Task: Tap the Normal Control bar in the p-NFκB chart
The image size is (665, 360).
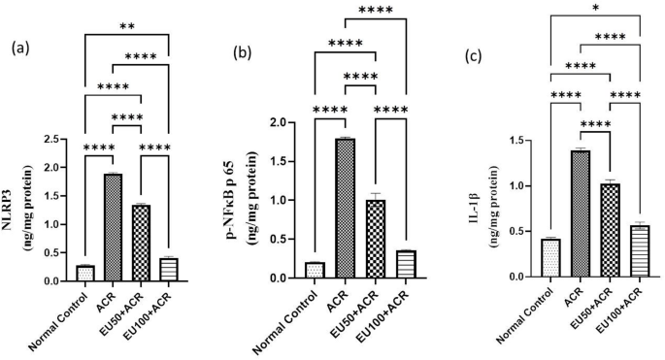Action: pyautogui.click(x=313, y=271)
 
